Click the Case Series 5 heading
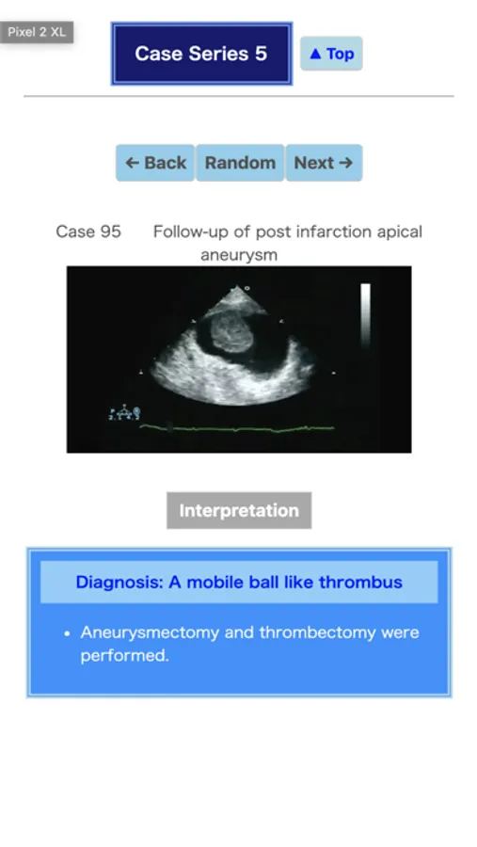[x=201, y=54]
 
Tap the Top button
[x=331, y=54]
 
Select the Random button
[x=240, y=163]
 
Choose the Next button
[x=324, y=163]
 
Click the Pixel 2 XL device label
[x=37, y=32]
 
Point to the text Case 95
[x=88, y=232]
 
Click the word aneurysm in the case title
[x=239, y=255]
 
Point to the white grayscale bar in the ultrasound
[x=366, y=315]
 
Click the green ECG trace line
[x=236, y=429]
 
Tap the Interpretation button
[x=239, y=510]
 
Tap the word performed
[x=124, y=655]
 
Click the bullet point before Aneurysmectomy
[x=67, y=633]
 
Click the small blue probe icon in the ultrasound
[x=125, y=413]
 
